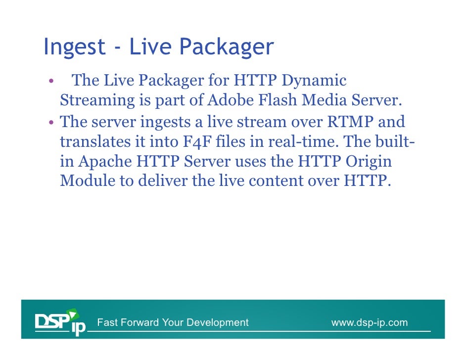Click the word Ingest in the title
pos(74,48)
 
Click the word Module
pos(88,181)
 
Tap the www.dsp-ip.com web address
pos(369,323)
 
